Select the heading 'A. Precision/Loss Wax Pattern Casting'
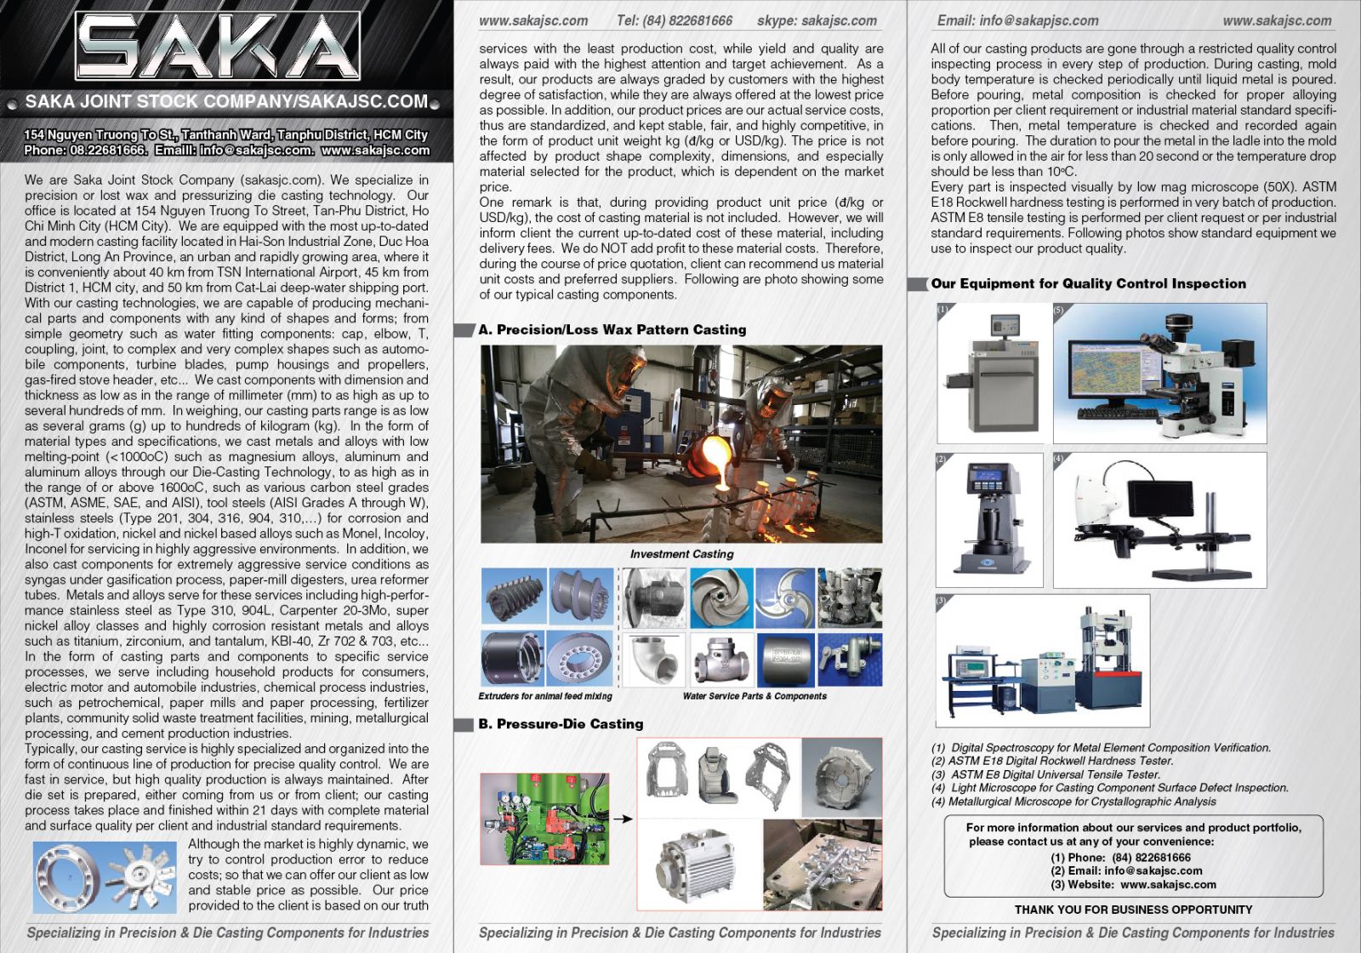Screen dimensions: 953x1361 pos(612,329)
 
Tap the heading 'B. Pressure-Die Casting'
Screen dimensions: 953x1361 pos(570,724)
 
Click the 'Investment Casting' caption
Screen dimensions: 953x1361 pos(681,554)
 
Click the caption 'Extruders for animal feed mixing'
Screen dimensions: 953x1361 pos(545,696)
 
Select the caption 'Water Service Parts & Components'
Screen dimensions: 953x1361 pos(755,696)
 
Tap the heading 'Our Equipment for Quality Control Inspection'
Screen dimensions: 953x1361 pos(1088,283)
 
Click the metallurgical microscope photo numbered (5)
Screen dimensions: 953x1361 pos(1160,373)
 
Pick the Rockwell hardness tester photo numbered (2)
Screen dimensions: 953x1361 pos(989,519)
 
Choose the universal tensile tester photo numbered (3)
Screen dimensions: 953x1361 pos(1043,660)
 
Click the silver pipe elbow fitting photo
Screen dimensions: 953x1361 pos(653,659)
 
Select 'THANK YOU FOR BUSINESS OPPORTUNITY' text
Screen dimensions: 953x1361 pos(1133,910)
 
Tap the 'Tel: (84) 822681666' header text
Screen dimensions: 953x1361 pos(675,20)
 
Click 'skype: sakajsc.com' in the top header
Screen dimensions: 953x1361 pos(817,20)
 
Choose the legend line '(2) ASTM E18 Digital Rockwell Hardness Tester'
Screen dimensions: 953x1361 pos(1052,761)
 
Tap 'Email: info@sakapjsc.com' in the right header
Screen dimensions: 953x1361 pos(1017,20)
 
